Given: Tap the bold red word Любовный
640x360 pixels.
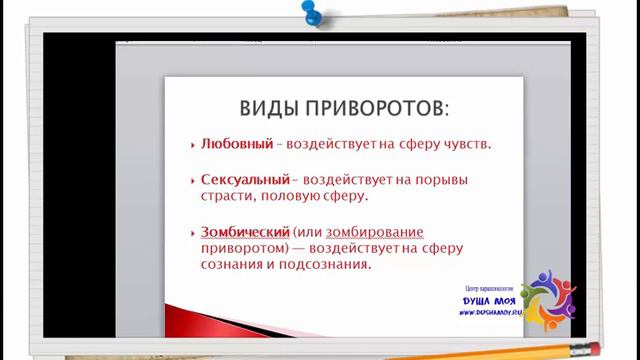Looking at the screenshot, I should click(237, 145).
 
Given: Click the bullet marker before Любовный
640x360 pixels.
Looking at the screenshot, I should click(192, 146).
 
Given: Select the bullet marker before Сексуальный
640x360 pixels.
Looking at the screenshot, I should click(192, 181).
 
